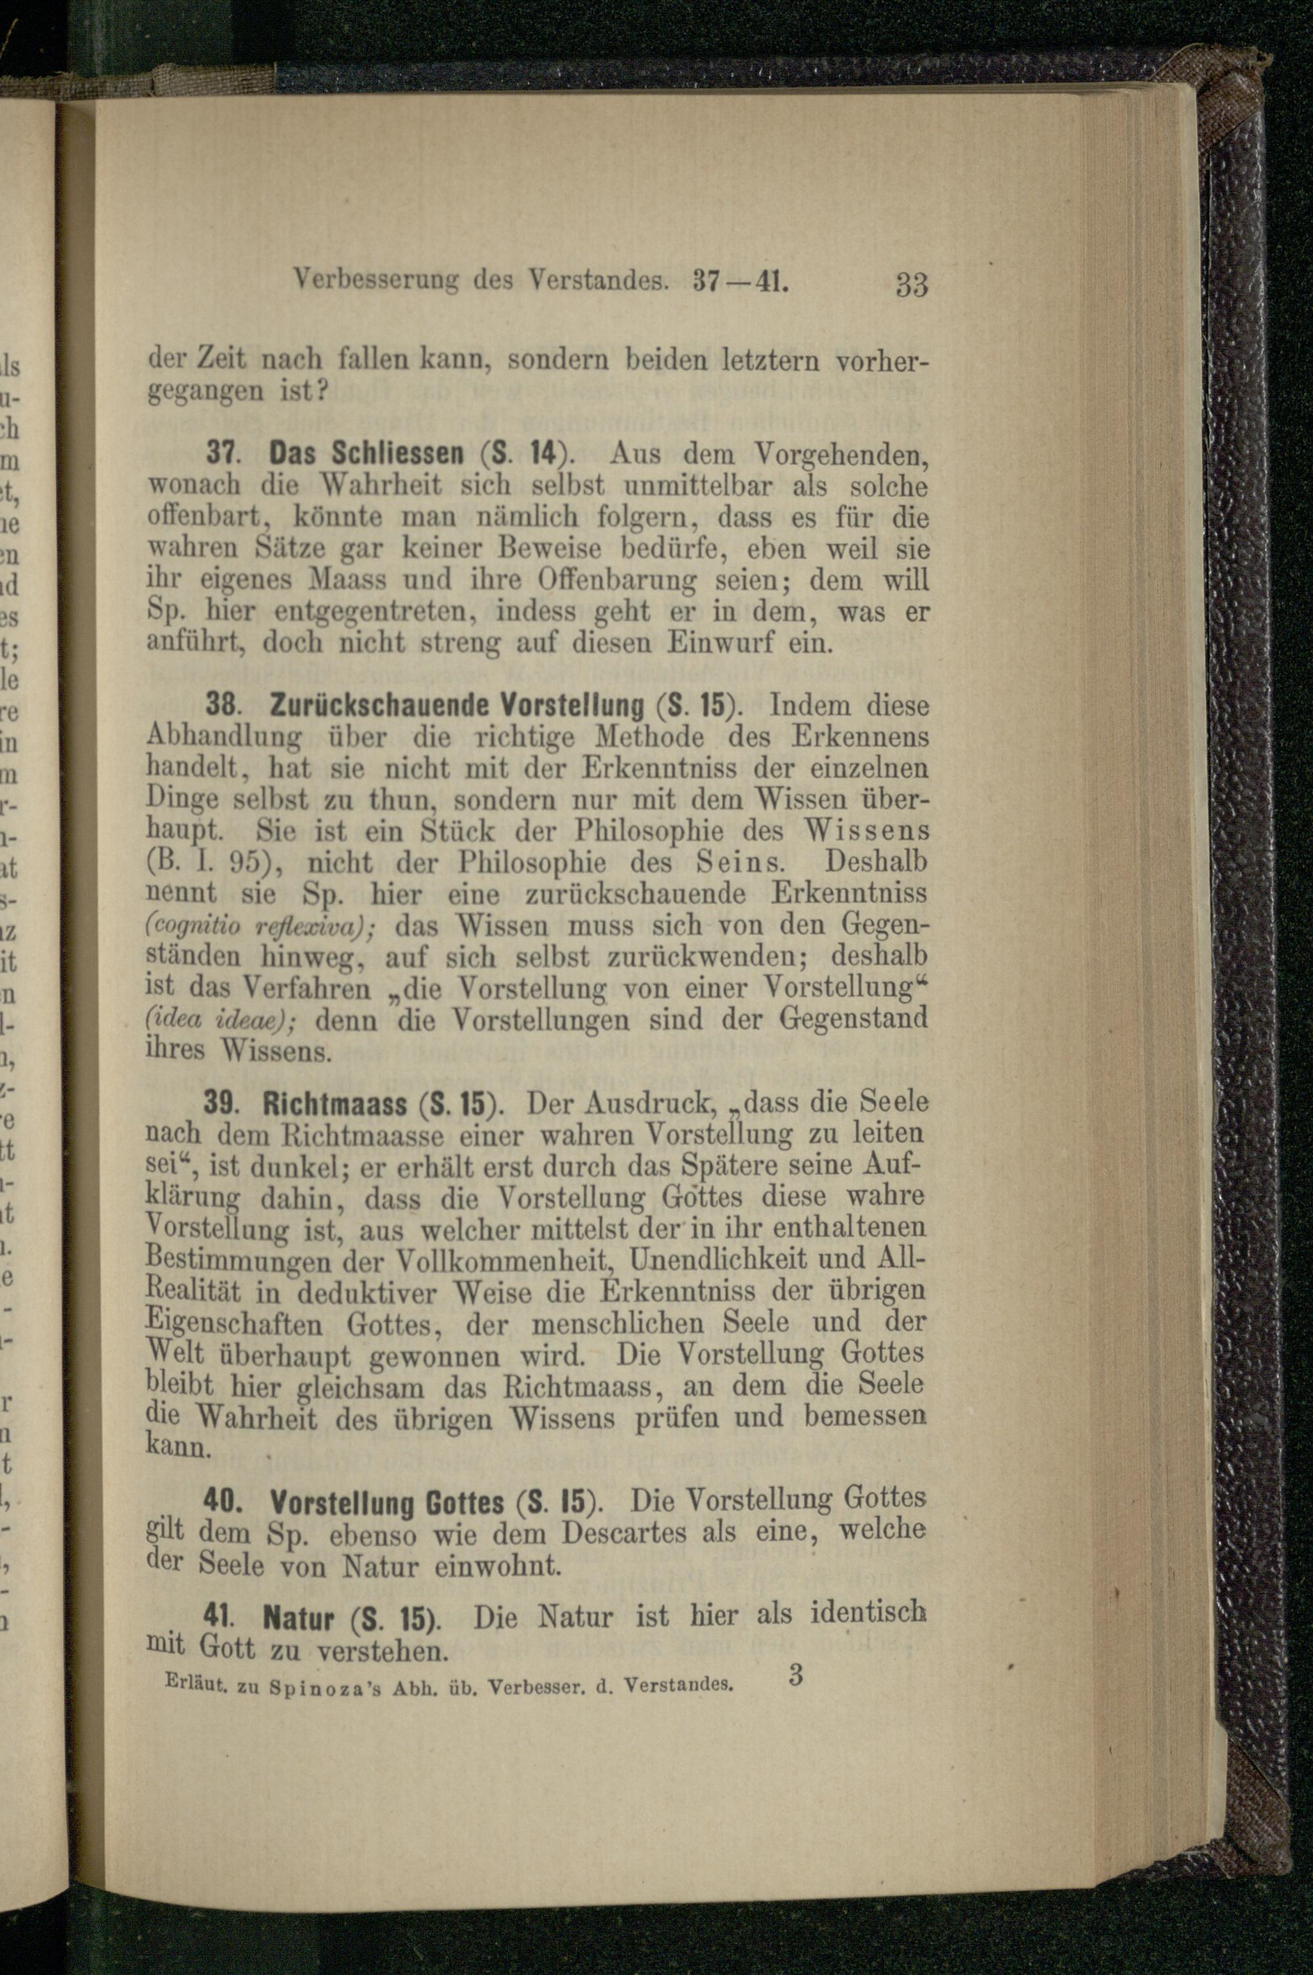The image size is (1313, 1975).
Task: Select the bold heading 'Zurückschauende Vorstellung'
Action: [x=457, y=705]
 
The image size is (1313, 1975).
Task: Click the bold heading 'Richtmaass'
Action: [x=335, y=1104]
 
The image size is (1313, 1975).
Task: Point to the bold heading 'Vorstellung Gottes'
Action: [x=387, y=1503]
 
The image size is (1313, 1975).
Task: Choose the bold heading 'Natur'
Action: [x=299, y=1618]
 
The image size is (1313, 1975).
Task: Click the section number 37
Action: [x=219, y=454]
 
